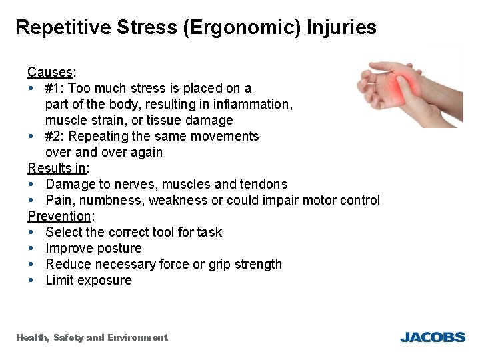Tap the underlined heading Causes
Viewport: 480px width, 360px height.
[50, 72]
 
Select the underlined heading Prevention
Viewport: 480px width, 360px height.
[59, 216]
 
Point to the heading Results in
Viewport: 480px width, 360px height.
[56, 168]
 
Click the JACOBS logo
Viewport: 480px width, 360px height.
[432, 337]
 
